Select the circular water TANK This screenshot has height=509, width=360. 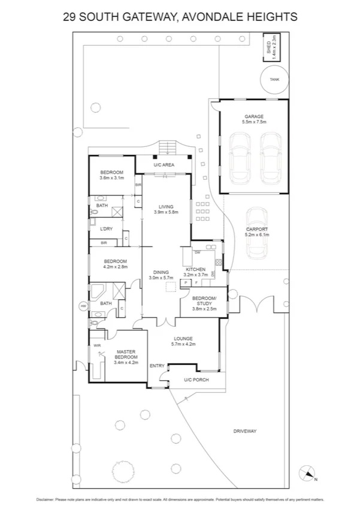274,79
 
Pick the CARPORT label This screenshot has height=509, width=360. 257,230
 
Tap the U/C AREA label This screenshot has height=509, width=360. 163,164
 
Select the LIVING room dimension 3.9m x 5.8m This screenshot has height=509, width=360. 166,212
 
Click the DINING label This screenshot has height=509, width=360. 160,272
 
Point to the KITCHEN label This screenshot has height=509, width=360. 195,270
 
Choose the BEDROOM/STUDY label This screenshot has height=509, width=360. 204,301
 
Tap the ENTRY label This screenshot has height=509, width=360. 157,366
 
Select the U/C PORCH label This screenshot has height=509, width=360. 195,380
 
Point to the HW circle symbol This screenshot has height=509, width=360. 83,307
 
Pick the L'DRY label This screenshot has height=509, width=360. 107,229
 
